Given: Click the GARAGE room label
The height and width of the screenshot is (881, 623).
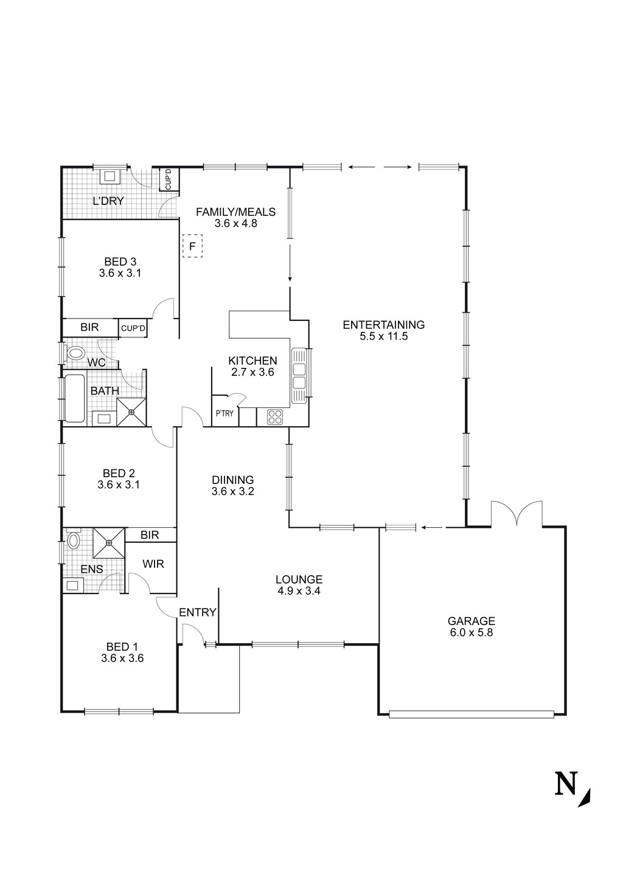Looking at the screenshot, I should coord(471,621).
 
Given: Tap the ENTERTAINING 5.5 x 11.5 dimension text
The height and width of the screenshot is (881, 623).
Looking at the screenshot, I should coord(383,336).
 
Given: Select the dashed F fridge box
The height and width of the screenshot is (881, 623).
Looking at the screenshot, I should coord(192,247).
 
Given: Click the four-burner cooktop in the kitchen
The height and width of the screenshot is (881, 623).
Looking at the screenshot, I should coord(275,417).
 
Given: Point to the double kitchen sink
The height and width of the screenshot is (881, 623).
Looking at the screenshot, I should coord(299,375).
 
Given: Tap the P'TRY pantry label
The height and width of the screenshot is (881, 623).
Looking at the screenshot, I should coord(224,414).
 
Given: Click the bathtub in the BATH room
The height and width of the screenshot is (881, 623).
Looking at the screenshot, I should coord(75,399).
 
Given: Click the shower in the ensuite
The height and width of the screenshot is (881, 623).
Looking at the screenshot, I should coord(109,542).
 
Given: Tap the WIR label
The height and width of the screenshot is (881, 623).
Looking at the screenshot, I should coord(153,564).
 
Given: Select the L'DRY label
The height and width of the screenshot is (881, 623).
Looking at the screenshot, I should coord(108,201).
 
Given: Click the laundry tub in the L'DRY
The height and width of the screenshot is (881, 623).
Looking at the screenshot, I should coord(111,176).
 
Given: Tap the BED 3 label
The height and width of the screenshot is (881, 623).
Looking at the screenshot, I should coord(120,262).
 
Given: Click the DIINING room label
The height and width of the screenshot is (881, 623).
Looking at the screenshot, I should coord(232,480).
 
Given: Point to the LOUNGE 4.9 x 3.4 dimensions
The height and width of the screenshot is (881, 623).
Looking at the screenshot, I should coord(298,590).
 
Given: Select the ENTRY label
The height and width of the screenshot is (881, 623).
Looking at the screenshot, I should coord(197,612).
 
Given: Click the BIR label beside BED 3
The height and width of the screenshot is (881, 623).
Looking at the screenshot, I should coord(89,328).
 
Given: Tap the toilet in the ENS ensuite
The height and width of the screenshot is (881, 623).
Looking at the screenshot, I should coord(74,540).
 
